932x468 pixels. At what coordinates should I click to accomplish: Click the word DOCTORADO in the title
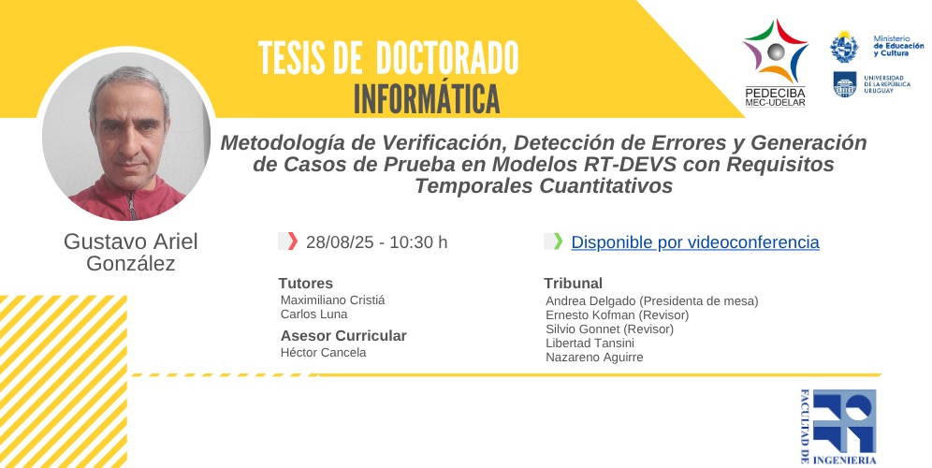point(447,58)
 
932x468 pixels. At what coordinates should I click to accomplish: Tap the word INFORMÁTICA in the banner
point(427,99)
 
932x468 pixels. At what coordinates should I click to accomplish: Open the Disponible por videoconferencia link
point(695,242)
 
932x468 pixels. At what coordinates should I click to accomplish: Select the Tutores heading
point(305,283)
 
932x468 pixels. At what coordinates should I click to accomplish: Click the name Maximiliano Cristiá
point(332,300)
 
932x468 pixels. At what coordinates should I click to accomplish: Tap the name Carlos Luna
point(313,314)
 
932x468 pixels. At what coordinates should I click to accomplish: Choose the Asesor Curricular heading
point(343,335)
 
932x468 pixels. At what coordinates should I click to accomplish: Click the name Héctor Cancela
point(324,353)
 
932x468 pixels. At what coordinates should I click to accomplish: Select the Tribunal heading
point(573,283)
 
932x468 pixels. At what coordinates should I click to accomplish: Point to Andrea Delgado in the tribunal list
point(590,300)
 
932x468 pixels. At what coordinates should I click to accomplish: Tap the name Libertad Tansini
point(590,344)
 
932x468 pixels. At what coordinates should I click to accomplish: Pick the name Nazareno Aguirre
point(594,358)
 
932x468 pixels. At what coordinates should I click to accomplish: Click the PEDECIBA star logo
point(775,51)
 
